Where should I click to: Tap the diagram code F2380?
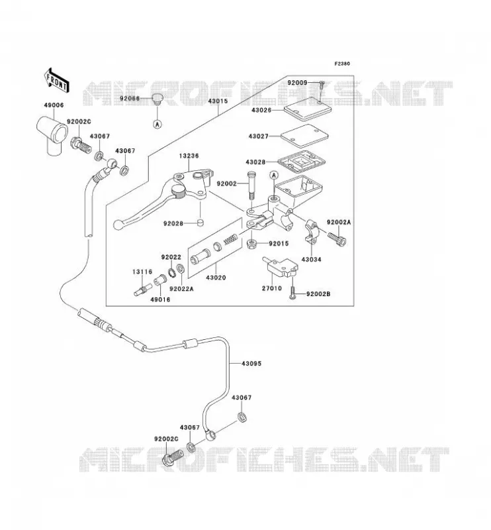[342, 64]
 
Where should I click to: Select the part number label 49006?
[54, 105]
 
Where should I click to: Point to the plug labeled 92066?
[156, 98]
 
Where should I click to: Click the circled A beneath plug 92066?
[157, 124]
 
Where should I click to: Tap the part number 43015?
[218, 101]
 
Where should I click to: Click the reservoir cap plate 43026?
[307, 109]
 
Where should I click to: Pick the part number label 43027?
[258, 136]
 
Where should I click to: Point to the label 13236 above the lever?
[189, 156]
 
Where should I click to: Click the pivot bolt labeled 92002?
[251, 187]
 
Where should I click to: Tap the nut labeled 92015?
[251, 243]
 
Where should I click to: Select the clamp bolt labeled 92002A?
[337, 239]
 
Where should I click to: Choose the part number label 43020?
[216, 278]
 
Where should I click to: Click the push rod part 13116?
[143, 290]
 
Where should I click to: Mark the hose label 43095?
[251, 363]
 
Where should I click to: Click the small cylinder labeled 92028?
[201, 223]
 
